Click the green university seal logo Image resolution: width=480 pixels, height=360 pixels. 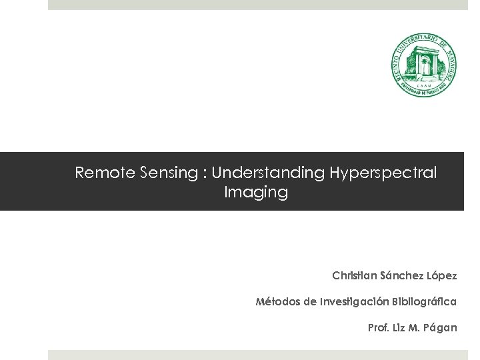[423, 66]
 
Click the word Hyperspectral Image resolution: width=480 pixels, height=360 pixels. [383, 173]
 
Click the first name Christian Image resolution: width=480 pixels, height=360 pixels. [354, 275]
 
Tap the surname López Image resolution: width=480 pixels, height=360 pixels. [443, 275]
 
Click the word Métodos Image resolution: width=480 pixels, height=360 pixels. [277, 302]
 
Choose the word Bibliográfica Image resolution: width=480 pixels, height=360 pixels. [425, 302]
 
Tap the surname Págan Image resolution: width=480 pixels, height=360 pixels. [442, 328]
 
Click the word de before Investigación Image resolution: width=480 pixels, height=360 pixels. [309, 302]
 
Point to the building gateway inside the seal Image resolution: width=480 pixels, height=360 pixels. [423, 64]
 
